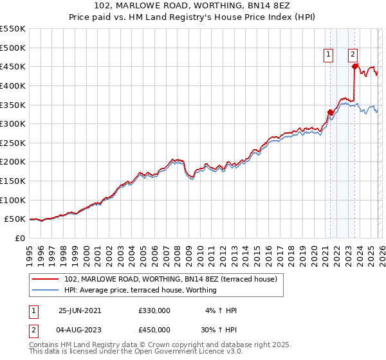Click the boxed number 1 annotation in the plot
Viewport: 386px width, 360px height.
(x=328, y=55)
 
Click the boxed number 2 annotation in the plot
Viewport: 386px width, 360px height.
(x=353, y=55)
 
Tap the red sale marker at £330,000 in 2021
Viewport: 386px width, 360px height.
(x=331, y=112)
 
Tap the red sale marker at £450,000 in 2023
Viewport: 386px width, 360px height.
(x=354, y=66)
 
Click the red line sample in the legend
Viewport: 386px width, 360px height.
(x=46, y=279)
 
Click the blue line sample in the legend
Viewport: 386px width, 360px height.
(x=46, y=290)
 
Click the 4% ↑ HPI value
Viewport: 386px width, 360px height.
(x=222, y=310)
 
